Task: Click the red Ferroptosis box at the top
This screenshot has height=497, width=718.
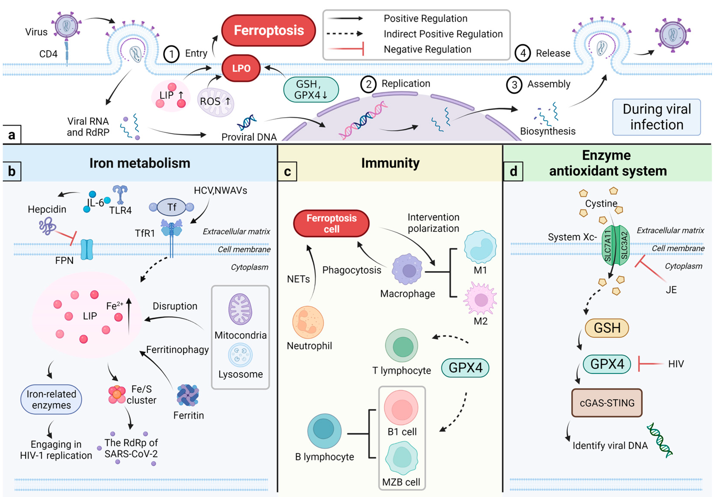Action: [x=268, y=31]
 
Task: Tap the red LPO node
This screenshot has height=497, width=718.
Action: [x=241, y=68]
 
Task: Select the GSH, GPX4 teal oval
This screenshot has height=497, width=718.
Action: [x=311, y=89]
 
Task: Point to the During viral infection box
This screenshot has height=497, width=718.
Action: [x=656, y=117]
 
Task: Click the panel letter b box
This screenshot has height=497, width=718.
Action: [x=12, y=171]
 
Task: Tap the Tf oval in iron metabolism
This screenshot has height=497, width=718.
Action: [x=171, y=207]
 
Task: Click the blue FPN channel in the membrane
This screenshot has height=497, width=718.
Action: [x=87, y=249]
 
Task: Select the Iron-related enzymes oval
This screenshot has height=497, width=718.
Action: [x=51, y=399]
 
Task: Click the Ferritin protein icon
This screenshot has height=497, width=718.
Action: [x=188, y=395]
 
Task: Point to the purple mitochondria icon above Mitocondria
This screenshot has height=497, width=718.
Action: [x=240, y=309]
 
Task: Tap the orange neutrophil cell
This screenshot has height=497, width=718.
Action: [x=308, y=322]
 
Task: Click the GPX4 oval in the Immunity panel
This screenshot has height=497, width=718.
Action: [x=465, y=368]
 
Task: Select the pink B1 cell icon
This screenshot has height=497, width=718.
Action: [x=401, y=408]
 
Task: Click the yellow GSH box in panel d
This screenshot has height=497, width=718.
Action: [x=607, y=328]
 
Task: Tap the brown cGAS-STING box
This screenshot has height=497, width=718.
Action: [x=607, y=403]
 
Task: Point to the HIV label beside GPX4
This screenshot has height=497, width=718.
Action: [x=676, y=364]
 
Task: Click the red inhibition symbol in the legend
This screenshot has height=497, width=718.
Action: [x=346, y=49]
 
